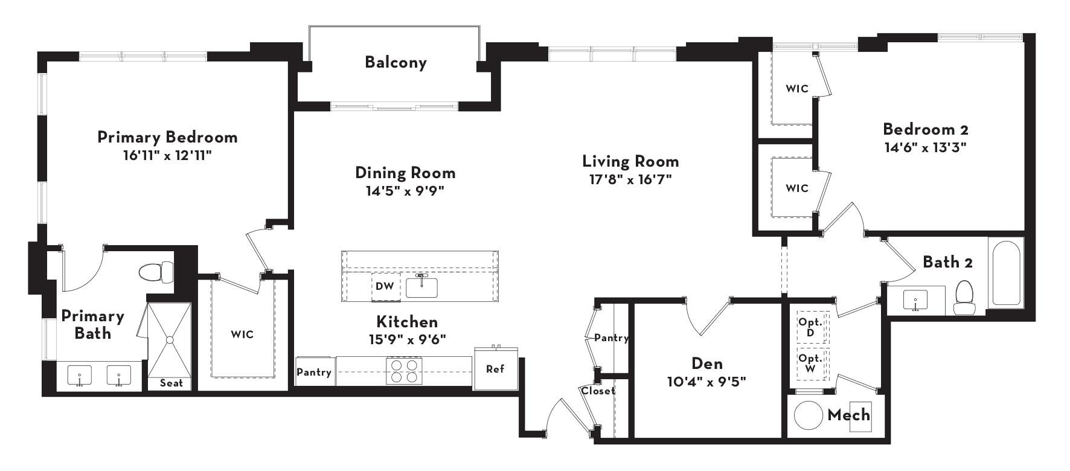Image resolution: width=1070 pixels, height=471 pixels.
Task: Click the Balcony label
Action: click(396, 62)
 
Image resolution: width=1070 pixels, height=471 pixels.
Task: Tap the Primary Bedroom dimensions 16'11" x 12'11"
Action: click(167, 155)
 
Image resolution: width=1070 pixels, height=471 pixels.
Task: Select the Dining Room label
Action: click(405, 173)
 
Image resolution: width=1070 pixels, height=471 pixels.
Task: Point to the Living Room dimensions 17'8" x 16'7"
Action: click(630, 179)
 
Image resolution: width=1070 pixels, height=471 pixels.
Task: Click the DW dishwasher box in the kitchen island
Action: click(385, 286)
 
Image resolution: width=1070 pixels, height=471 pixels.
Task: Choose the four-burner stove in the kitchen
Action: click(404, 371)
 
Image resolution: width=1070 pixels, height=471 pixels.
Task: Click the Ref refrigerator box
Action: click(496, 368)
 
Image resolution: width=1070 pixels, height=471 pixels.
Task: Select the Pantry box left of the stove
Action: click(314, 372)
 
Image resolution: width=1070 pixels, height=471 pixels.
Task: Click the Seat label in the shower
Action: click(171, 383)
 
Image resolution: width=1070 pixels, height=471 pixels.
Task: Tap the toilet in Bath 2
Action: click(964, 298)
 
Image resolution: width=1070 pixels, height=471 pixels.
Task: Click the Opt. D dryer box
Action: click(811, 328)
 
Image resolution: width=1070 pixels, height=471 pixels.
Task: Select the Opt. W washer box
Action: click(811, 364)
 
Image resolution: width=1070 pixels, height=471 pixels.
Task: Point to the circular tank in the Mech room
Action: click(808, 415)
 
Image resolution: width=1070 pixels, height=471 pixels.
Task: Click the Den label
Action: click(706, 363)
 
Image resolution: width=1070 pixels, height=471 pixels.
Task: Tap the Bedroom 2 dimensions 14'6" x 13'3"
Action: click(926, 147)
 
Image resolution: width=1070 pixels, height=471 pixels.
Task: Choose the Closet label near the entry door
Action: click(598, 391)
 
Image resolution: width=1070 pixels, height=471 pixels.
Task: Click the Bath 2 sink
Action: click(916, 299)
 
